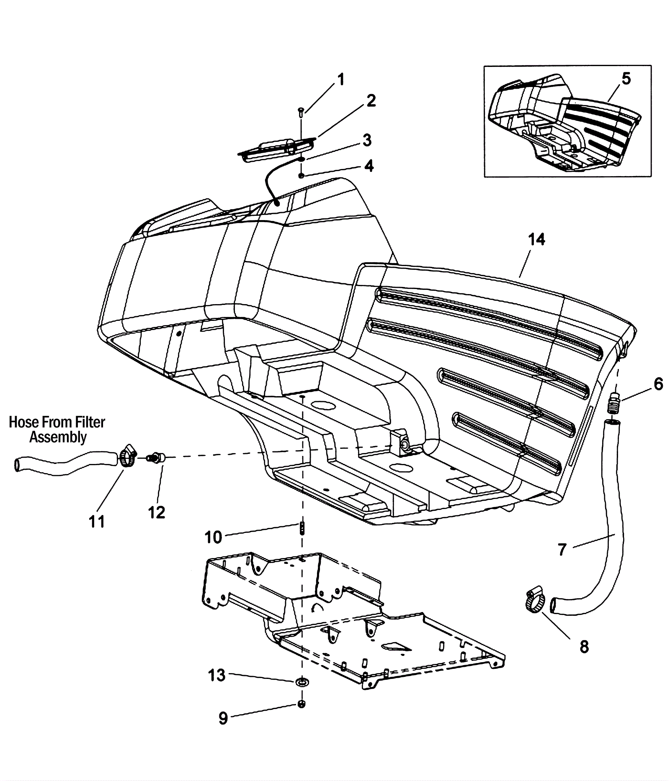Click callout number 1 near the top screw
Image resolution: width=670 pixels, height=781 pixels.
341,79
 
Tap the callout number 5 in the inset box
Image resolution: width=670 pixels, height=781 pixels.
626,78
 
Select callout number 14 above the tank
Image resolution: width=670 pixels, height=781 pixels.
536,239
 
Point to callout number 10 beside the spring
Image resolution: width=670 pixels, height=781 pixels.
213,538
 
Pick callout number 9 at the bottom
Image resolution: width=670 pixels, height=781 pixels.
223,718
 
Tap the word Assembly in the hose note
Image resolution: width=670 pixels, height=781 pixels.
58,438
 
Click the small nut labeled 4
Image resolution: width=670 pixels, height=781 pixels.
301,175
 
